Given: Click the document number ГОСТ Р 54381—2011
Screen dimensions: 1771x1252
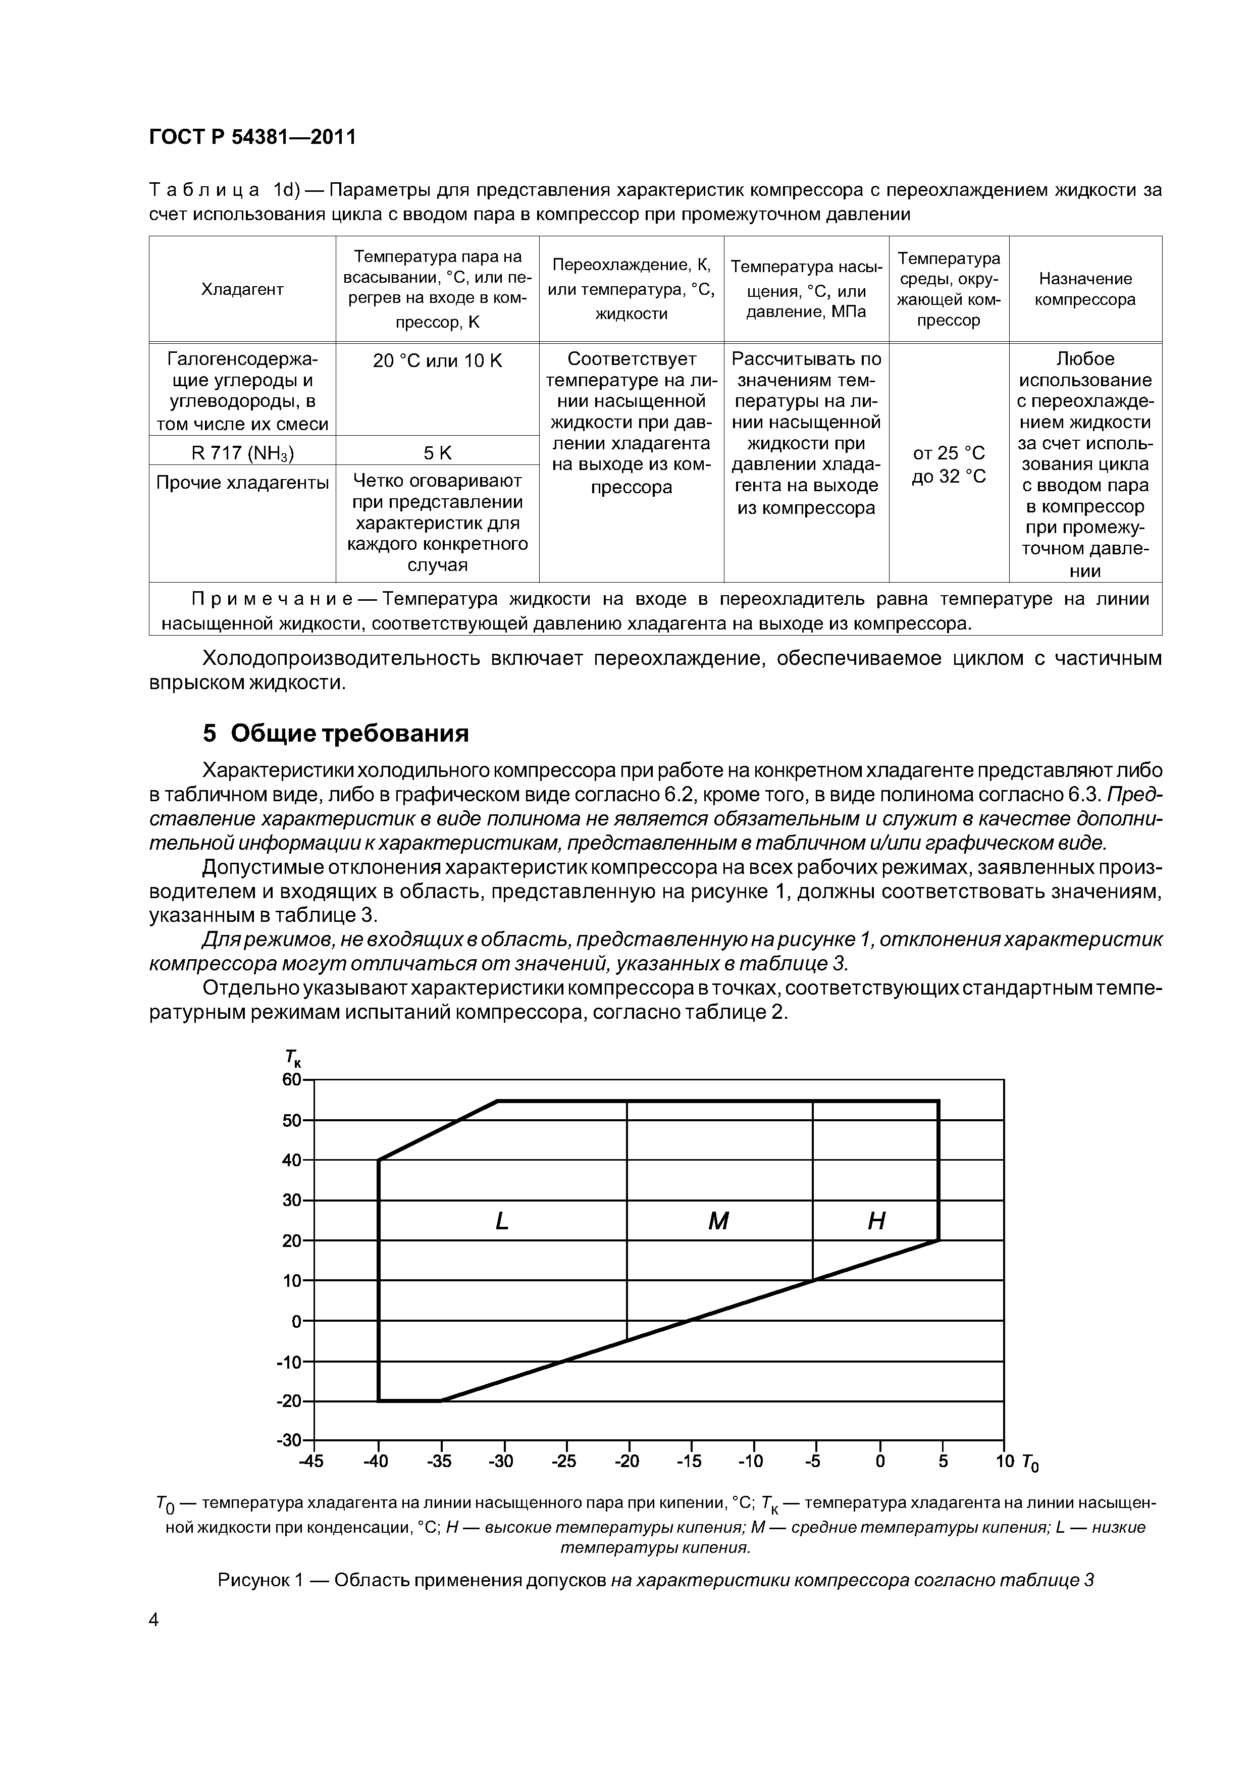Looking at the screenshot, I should (x=252, y=137).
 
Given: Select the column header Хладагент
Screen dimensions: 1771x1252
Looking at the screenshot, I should (x=242, y=289).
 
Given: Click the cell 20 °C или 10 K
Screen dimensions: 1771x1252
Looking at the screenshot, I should (x=437, y=360).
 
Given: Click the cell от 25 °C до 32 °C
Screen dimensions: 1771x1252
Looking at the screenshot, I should (x=948, y=464).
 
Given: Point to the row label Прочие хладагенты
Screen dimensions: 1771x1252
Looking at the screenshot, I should (x=242, y=483).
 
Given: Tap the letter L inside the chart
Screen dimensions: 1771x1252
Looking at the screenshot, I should (x=502, y=1221).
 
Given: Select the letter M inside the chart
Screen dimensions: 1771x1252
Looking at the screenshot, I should (x=718, y=1221).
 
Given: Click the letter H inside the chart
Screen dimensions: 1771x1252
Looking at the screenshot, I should (x=876, y=1221).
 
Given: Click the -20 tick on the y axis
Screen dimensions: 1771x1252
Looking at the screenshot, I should (x=289, y=1401).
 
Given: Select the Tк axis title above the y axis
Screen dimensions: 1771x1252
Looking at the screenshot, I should (x=292, y=1058).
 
